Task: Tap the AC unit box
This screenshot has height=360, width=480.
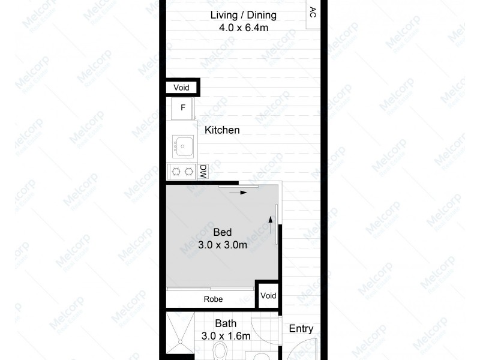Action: [x=313, y=14]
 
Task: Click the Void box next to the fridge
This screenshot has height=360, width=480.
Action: [x=181, y=88]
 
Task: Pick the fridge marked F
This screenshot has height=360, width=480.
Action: [x=182, y=109]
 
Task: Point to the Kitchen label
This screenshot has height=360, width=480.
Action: [x=222, y=130]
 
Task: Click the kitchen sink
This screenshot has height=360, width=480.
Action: [x=182, y=145]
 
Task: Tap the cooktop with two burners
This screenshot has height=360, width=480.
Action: [x=182, y=172]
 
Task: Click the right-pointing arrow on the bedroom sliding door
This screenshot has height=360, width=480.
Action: [x=242, y=193]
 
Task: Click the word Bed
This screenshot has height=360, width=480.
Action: [x=223, y=232]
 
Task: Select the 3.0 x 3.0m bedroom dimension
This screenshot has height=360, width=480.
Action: [x=223, y=245]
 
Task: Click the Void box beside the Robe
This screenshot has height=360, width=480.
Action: [x=268, y=296]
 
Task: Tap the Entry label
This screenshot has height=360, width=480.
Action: [x=301, y=329]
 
